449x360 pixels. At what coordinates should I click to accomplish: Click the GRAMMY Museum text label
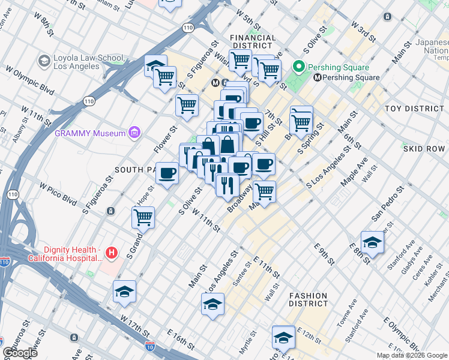point(90,133)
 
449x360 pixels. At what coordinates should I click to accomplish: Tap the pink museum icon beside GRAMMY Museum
point(135,133)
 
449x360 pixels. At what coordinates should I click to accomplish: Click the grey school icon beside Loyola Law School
point(44,61)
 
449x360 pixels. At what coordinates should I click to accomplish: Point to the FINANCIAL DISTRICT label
point(253,42)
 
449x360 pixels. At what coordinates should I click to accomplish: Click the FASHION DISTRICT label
point(308,300)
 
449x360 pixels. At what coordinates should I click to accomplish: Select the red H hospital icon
point(111,254)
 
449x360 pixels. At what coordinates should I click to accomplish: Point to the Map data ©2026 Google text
point(412,355)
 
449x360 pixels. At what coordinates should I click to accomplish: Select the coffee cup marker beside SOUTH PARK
point(167,173)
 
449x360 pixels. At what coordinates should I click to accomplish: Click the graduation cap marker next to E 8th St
point(372,242)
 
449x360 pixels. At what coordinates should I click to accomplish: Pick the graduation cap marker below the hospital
point(124,291)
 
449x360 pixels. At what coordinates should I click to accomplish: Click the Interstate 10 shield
point(150,346)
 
